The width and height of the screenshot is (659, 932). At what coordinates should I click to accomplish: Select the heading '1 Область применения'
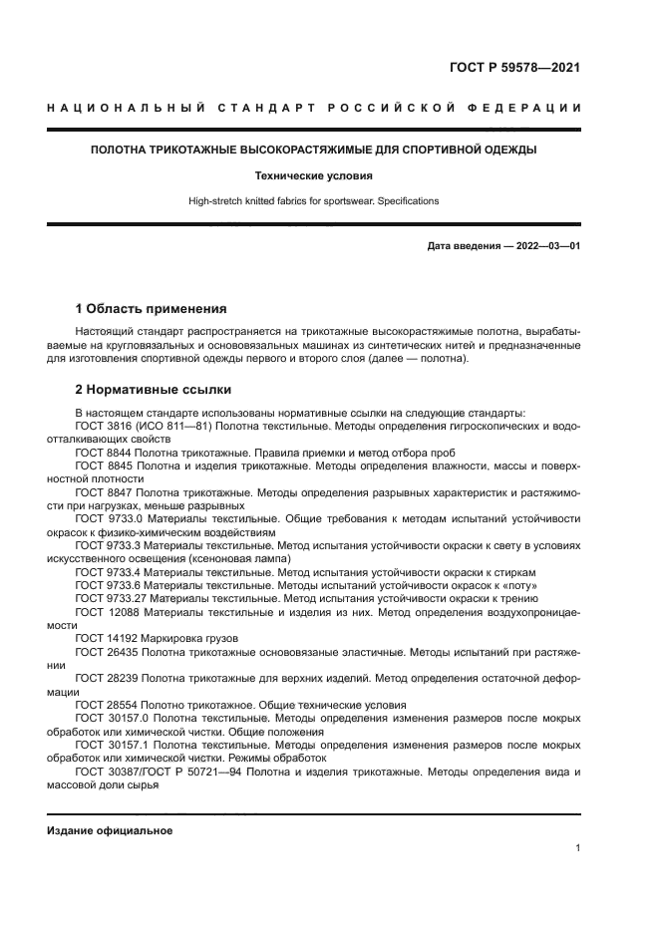click(152, 308)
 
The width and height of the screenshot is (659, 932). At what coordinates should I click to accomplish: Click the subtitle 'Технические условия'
click(313, 175)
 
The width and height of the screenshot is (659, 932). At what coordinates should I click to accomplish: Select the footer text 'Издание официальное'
click(110, 830)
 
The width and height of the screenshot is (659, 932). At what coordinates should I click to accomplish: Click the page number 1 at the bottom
click(577, 847)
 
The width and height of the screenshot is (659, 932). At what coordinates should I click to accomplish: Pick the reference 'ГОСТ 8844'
click(102, 452)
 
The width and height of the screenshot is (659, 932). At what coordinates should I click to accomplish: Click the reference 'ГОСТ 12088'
click(105, 612)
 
